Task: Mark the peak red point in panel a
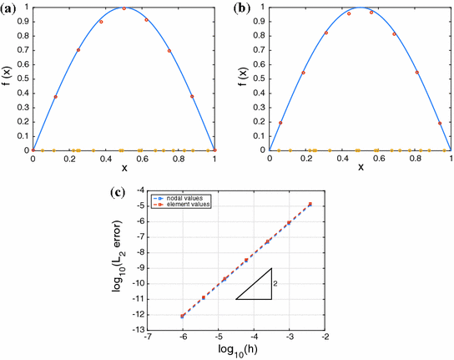pos(124,8)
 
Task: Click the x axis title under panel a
pos(124,167)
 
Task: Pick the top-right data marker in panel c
pos(310,204)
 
